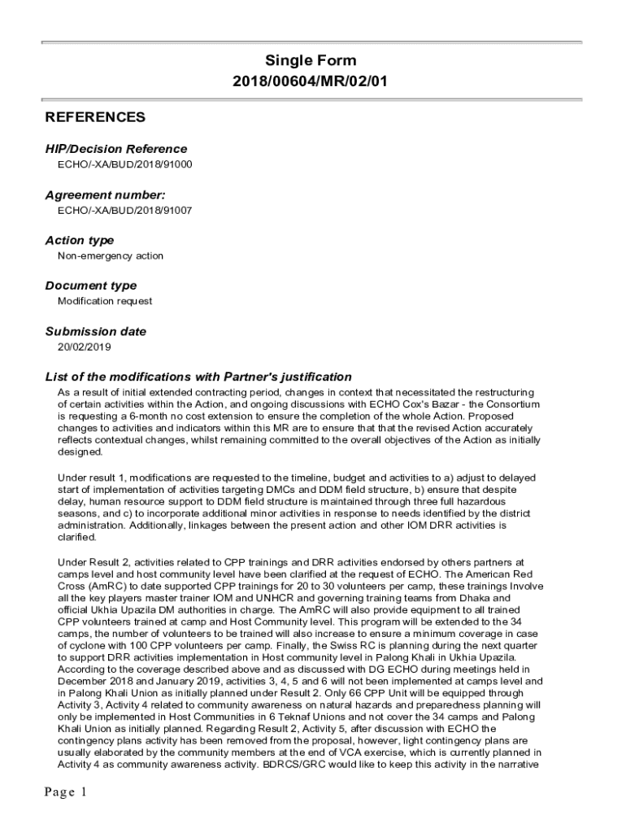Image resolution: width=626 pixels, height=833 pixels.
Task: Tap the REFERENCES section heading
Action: pos(95,117)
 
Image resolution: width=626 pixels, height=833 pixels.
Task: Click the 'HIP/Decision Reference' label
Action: pos(115,149)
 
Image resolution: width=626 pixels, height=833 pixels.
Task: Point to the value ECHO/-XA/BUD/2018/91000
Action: pos(124,164)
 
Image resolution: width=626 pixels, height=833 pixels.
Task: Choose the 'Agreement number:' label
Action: pos(105,194)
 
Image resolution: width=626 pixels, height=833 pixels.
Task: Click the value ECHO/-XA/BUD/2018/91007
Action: pos(124,210)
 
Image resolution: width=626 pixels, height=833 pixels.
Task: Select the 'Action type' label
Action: pos(80,240)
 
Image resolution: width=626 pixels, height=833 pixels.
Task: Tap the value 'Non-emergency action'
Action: pos(110,255)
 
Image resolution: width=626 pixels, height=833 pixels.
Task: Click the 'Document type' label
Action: pos(91,286)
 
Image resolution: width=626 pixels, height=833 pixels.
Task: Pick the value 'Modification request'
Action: pos(105,301)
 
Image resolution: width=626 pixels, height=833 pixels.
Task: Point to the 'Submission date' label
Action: pos(96,331)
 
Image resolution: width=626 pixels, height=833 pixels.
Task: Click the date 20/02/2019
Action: pos(83,347)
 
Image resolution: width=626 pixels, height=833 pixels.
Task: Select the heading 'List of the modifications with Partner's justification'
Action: pos(198,377)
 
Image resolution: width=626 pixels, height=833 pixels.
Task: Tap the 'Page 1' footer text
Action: pos(66,792)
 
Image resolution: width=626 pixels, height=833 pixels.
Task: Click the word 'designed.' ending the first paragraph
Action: pos(80,451)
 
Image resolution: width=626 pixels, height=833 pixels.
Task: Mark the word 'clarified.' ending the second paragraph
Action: pos(77,537)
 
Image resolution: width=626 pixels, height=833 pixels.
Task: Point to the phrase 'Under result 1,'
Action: pos(91,478)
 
